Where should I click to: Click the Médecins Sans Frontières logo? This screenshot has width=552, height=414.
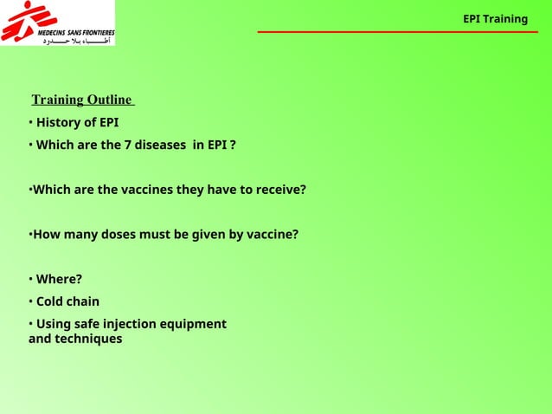coord(57,23)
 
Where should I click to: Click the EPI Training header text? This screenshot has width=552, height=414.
coord(495,19)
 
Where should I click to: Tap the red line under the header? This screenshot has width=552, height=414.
coord(397,32)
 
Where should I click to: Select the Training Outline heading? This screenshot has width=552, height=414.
coord(81,100)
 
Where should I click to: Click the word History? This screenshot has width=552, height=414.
coord(59,122)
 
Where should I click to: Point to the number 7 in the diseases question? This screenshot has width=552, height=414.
coord(127,145)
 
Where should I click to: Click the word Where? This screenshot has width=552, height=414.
coord(57,279)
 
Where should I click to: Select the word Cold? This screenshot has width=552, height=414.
coord(50,301)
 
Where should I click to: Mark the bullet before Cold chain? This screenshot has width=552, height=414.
coord(30,301)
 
